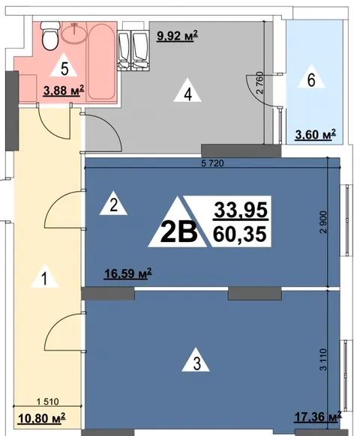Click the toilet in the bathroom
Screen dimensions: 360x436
pyautogui.click(x=50, y=36)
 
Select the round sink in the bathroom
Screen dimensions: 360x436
pyautogui.click(x=73, y=33)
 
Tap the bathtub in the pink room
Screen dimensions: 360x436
pyautogui.click(x=101, y=62)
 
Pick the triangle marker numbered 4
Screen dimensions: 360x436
pyautogui.click(x=187, y=90)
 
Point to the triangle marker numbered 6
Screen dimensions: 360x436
pyautogui.click(x=311, y=76)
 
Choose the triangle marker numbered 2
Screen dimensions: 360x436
pyautogui.click(x=113, y=203)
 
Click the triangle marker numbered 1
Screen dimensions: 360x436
pyautogui.click(x=45, y=276)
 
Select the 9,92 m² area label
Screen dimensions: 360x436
pyautogui.click(x=177, y=36)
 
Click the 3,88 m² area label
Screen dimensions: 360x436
pyautogui.click(x=64, y=91)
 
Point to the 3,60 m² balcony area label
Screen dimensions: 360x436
pyautogui.click(x=316, y=135)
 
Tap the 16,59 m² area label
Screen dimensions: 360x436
pyautogui.click(x=128, y=273)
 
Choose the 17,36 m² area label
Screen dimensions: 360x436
pyautogui.click(x=318, y=417)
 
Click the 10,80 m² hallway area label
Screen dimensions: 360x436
pyautogui.click(x=42, y=418)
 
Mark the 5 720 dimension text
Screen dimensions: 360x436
pyautogui.click(x=212, y=163)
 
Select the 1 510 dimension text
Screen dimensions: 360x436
pyautogui.click(x=47, y=402)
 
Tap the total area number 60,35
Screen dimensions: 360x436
pyautogui.click(x=240, y=234)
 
